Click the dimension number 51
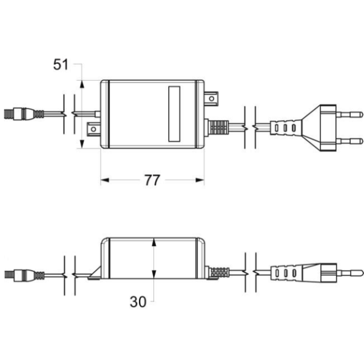pyautogui.click(x=61, y=64)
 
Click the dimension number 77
pyautogui.click(x=152, y=180)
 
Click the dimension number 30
pyautogui.click(x=138, y=302)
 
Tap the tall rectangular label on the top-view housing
pyautogui.click(x=174, y=114)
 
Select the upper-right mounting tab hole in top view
pyautogui.click(x=212, y=99)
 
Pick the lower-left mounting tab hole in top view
pyautogui.click(x=93, y=129)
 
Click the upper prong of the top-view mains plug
pyautogui.click(x=349, y=115)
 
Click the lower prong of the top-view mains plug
pyautogui.click(x=349, y=141)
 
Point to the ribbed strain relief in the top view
pyautogui.click(x=218, y=127)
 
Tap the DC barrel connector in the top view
pyautogui.click(x=24, y=114)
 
